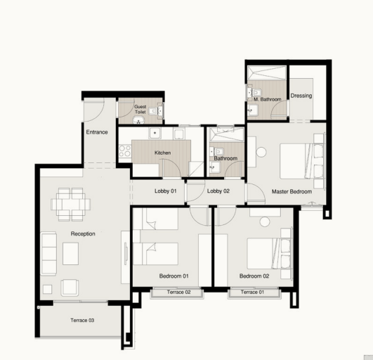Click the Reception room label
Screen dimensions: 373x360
[83, 234]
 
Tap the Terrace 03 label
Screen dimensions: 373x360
[82, 320]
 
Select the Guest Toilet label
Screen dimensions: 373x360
[140, 109]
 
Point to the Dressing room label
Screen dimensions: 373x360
[301, 96]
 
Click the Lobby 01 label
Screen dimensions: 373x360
[166, 191]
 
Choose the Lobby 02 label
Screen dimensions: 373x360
[218, 191]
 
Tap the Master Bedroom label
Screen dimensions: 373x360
[292, 192]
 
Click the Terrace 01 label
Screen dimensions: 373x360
[252, 292]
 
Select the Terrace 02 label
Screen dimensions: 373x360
[178, 292]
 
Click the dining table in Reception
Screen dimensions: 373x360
[71, 205]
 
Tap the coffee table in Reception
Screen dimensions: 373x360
[71, 254]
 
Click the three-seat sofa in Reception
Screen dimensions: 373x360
[48, 254]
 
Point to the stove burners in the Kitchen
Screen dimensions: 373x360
[125, 151]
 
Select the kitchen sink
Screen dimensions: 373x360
[155, 133]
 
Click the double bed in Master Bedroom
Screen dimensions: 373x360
[302, 161]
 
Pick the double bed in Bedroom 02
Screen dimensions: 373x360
[270, 254]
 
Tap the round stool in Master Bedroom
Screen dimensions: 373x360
[261, 153]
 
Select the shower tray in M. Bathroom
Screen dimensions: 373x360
[267, 72]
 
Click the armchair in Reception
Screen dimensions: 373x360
[70, 288]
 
